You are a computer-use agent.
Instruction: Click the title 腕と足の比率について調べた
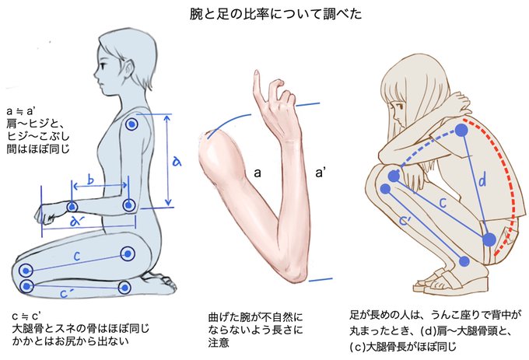tap(264, 13)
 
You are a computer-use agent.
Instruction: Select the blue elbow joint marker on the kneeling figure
tap(129, 205)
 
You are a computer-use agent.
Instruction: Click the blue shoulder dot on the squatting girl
tap(466, 131)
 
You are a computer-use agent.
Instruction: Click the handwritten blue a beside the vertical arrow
tap(177, 161)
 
